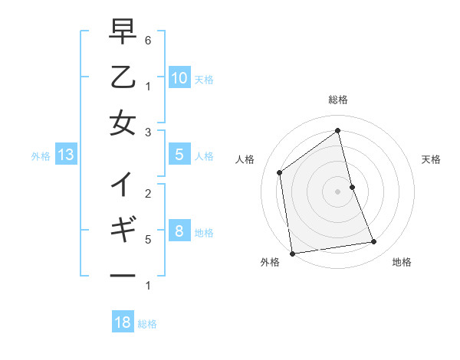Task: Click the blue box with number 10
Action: [179, 77]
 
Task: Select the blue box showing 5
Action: [179, 155]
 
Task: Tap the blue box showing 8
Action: [179, 231]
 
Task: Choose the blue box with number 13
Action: [65, 155]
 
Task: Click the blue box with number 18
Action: [123, 322]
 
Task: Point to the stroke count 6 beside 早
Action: [148, 40]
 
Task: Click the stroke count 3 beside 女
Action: [148, 133]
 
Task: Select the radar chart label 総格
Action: [337, 100]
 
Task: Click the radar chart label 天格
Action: [431, 159]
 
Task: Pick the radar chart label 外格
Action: [270, 262]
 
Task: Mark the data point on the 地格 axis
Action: [374, 242]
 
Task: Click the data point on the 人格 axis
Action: [280, 172]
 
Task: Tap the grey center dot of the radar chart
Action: [337, 191]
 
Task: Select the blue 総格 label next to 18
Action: [147, 324]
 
